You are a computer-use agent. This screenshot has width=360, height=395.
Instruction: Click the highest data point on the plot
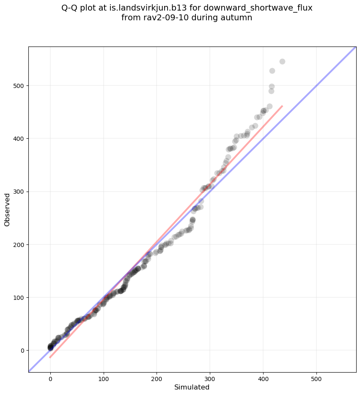coord(282,61)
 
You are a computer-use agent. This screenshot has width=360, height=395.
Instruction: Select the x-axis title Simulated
coord(192,387)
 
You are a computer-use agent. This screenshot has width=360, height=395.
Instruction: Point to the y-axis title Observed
coord(7,210)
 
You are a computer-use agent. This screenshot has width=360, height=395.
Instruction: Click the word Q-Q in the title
coord(71,8)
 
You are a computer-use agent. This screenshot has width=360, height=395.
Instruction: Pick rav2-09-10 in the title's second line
coord(162,18)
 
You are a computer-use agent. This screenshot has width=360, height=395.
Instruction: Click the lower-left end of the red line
coord(50,357)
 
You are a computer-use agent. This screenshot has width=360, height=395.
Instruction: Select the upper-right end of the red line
coord(282,106)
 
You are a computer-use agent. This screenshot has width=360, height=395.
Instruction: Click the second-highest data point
coord(272,71)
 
